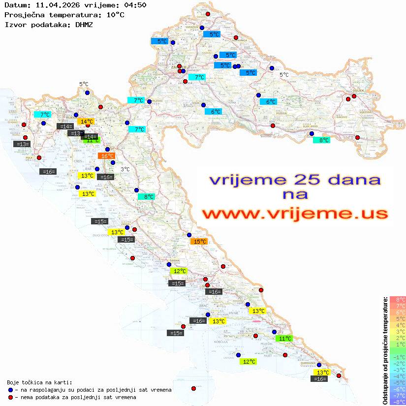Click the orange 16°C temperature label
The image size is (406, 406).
point(107,156)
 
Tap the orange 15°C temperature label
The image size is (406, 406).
point(199,242)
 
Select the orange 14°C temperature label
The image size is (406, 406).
point(86,121)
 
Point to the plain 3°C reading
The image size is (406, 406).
point(125,169)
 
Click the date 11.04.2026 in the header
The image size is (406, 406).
point(54,5)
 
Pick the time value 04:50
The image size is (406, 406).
point(136,5)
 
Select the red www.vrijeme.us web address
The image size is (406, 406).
point(295,214)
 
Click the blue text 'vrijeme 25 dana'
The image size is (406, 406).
point(295,180)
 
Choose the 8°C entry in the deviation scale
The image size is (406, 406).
point(398,300)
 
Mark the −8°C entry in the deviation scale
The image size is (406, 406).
point(397,402)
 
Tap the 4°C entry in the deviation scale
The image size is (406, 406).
point(398,325)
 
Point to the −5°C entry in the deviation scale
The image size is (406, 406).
point(397,383)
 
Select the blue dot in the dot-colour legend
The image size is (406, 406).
point(10,390)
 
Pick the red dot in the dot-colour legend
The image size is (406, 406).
point(10,397)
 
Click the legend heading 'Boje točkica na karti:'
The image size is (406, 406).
point(39,382)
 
